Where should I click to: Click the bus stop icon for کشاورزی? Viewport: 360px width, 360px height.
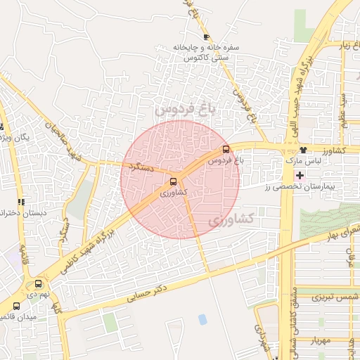(x=174, y=181)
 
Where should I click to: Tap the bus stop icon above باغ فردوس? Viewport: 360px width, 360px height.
(x=226, y=149)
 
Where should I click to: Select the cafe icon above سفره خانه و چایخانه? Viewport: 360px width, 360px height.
(x=205, y=37)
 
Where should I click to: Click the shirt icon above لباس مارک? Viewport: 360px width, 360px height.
(x=303, y=150)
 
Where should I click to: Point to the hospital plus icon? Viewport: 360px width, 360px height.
(x=301, y=174)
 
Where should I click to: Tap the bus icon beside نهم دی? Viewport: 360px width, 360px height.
(x=38, y=283)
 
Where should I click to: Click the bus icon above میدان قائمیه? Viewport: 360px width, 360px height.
(x=16, y=307)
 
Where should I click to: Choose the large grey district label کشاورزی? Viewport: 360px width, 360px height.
(x=230, y=219)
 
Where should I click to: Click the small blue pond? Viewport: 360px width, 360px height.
(x=202, y=319)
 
